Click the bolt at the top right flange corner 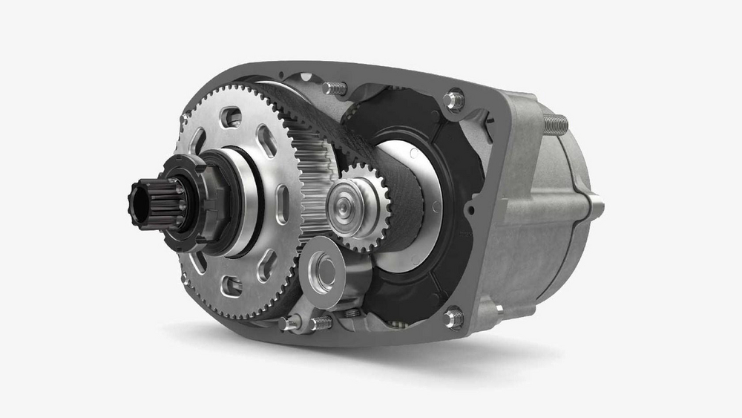point(453,99)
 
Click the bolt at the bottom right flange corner point(453,318)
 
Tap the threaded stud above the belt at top point(335,88)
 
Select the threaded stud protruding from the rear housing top point(556,124)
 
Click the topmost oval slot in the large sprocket point(232,116)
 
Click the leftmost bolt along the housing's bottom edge point(290,323)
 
